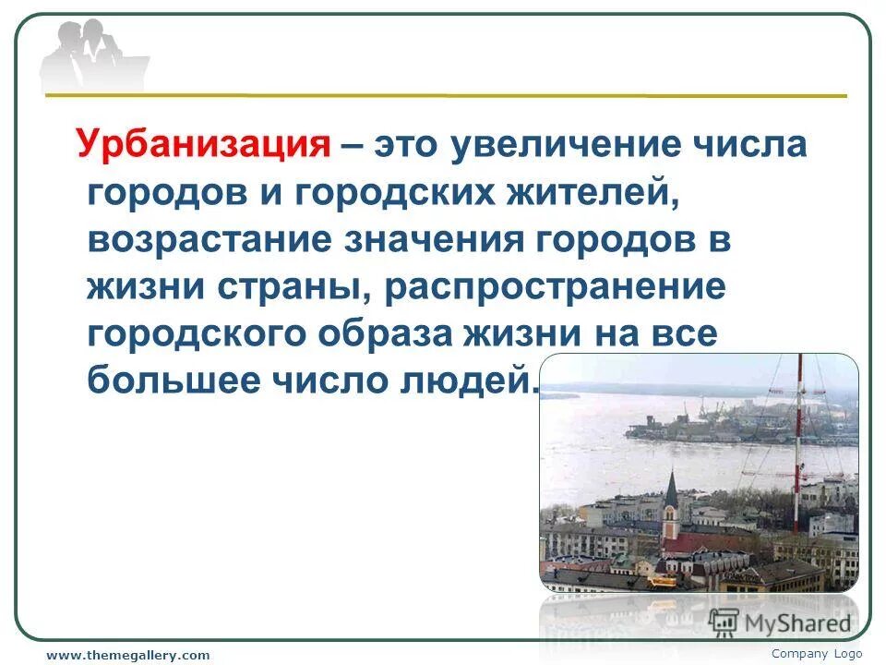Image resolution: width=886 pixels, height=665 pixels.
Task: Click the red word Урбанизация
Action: pos(204,146)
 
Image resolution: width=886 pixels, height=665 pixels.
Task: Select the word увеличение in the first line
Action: pos(566,146)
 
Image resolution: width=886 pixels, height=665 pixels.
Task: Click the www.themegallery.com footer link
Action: pos(128,655)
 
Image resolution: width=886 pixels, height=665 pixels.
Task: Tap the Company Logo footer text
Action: pos(817,653)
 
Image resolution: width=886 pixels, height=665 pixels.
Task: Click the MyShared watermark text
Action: pos(797,623)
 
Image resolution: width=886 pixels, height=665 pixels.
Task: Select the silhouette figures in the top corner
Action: pos(92,54)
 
